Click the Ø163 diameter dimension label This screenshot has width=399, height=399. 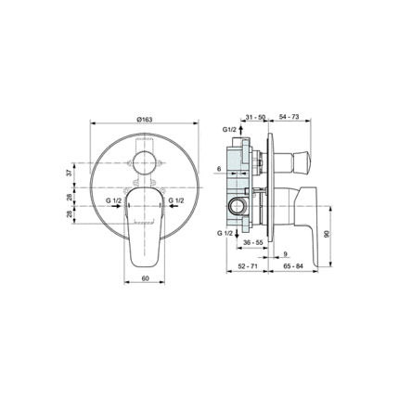(144, 120)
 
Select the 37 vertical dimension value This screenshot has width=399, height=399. (70, 173)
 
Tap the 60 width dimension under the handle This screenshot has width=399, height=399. (146, 278)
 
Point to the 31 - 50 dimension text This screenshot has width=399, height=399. (255, 117)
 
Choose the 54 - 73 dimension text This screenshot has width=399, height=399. (289, 117)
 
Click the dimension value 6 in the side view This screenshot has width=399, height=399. (219, 169)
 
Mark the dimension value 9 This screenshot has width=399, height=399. (286, 254)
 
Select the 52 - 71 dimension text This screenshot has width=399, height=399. (248, 266)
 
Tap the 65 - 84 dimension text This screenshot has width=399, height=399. (293, 266)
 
